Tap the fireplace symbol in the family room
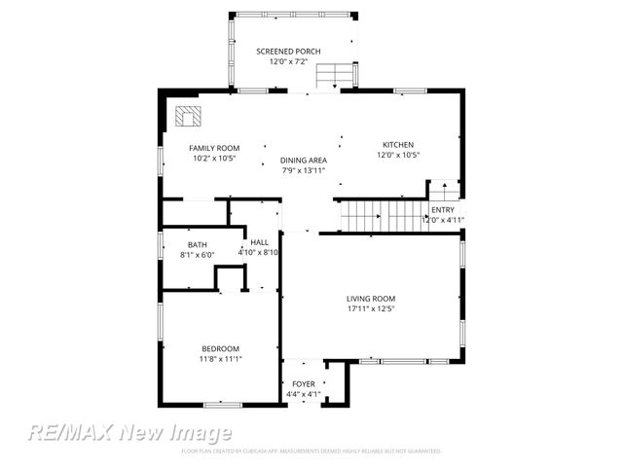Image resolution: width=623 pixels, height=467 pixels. (x=187, y=118)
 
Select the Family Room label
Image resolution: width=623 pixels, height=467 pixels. (x=214, y=148)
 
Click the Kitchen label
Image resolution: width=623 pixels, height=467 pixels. (x=398, y=143)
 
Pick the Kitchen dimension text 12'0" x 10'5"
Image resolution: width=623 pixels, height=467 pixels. (x=398, y=155)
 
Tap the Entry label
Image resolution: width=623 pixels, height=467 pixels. (x=443, y=209)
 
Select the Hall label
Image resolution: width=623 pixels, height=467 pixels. (x=259, y=242)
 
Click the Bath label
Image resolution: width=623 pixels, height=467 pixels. (x=198, y=244)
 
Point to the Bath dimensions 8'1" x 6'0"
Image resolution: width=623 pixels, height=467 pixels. (x=198, y=255)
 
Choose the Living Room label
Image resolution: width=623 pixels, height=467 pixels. (x=371, y=299)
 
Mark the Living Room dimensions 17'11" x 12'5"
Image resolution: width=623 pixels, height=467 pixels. (x=371, y=309)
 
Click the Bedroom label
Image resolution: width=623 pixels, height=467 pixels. (x=220, y=348)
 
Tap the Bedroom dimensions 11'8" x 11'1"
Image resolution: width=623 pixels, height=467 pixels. (x=220, y=359)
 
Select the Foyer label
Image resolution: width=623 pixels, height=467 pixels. (x=303, y=384)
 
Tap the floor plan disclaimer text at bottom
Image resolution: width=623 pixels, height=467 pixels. (x=311, y=451)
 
